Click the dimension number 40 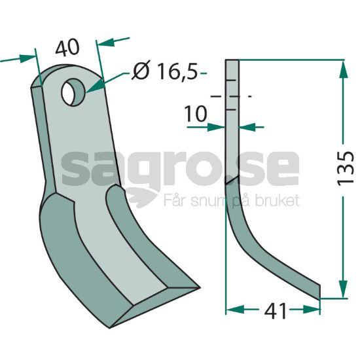(67, 48)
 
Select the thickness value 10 (196, 114)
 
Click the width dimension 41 (276, 311)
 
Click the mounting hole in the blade (73, 92)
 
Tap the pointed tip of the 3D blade (199, 287)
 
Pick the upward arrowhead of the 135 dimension (343, 69)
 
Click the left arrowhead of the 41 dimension (235, 309)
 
